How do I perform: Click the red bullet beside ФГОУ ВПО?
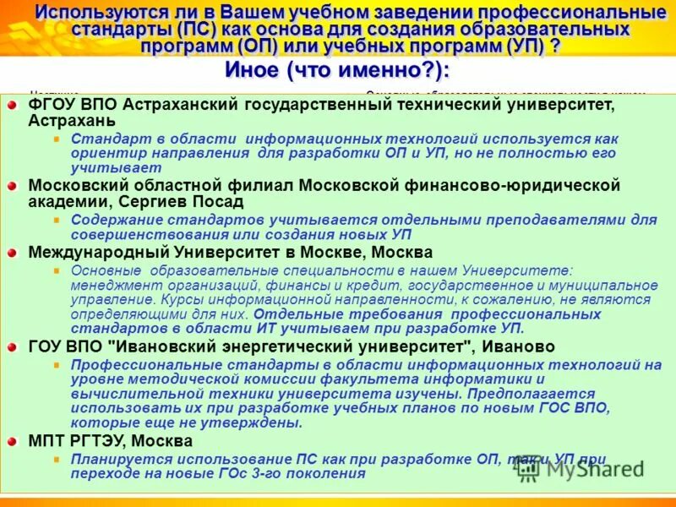[x=13, y=105]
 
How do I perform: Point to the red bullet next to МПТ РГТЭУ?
[x=13, y=441]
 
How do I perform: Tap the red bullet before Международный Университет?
[x=13, y=253]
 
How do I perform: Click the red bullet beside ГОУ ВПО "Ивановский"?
[x=13, y=347]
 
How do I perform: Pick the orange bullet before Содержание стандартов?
[x=57, y=220]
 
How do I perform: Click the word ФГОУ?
[x=53, y=105]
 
